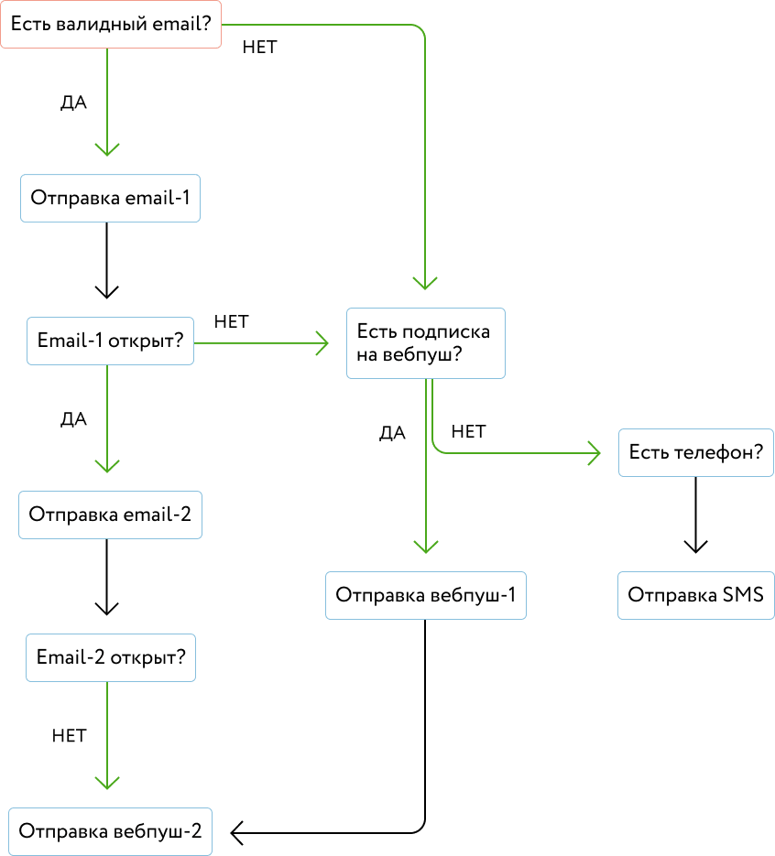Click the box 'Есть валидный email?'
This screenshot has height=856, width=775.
(111, 25)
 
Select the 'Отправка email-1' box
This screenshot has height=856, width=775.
(110, 198)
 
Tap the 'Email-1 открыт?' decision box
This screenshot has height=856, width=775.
(110, 341)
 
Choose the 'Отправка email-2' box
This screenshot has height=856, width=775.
(110, 515)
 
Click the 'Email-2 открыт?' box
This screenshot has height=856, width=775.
(111, 658)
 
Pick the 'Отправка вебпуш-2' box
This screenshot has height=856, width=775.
(110, 831)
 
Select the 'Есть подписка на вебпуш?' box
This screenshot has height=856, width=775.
(426, 343)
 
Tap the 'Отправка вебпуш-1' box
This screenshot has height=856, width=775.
(426, 596)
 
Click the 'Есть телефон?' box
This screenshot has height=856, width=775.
(696, 452)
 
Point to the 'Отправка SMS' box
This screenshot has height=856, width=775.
(696, 596)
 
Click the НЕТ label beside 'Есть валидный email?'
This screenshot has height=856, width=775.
(260, 48)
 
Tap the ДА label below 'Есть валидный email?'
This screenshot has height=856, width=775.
(73, 103)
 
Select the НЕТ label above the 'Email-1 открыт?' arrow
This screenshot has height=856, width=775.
(232, 322)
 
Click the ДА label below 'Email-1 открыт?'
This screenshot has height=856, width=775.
(73, 419)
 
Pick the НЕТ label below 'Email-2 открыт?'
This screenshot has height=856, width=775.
(70, 736)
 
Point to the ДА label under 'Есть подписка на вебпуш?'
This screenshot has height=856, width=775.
(393, 433)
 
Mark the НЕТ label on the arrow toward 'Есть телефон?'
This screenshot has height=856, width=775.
(469, 432)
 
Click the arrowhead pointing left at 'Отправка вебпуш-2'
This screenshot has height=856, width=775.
(237, 833)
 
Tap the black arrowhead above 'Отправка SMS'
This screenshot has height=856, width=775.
(696, 547)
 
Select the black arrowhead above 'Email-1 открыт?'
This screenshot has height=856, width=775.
(107, 292)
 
